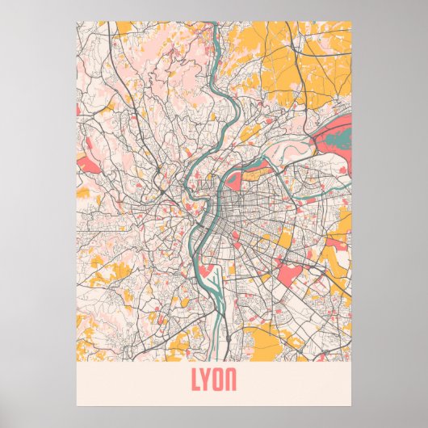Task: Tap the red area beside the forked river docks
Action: [x=208, y=273]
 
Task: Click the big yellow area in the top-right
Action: [x=266, y=48]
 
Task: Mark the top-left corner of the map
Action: [x=77, y=22]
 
